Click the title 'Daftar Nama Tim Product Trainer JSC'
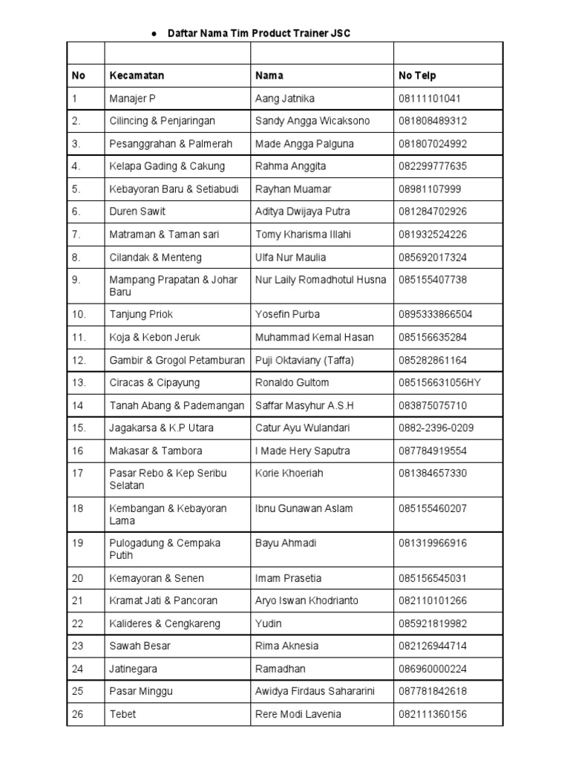click(x=259, y=33)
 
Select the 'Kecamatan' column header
click(x=137, y=76)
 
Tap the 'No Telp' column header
click(x=417, y=76)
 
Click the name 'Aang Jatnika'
click(x=284, y=98)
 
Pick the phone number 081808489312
click(x=435, y=121)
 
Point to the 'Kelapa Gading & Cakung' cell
click(x=167, y=166)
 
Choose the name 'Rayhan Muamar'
click(x=293, y=189)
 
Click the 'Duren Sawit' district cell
click(x=137, y=212)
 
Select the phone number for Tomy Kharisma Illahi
click(x=433, y=235)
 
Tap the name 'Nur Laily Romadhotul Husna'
click(x=321, y=280)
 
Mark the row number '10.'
click(x=79, y=315)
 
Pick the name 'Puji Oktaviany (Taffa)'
click(x=305, y=361)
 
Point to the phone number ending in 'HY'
click(x=438, y=383)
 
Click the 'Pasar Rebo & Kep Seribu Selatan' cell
click(x=168, y=479)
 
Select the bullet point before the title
click(x=154, y=34)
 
